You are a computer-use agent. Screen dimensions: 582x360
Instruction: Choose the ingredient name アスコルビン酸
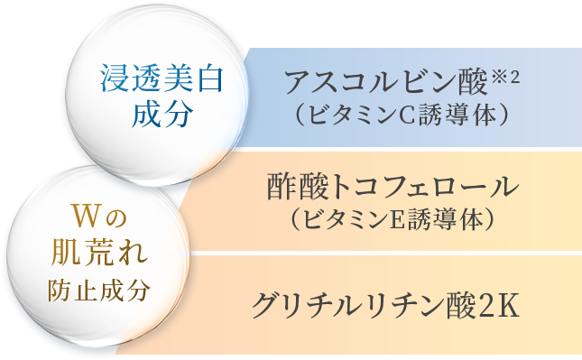384,84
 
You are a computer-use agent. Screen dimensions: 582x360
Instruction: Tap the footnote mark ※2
505,75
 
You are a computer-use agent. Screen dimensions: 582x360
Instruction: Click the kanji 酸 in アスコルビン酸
467,84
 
